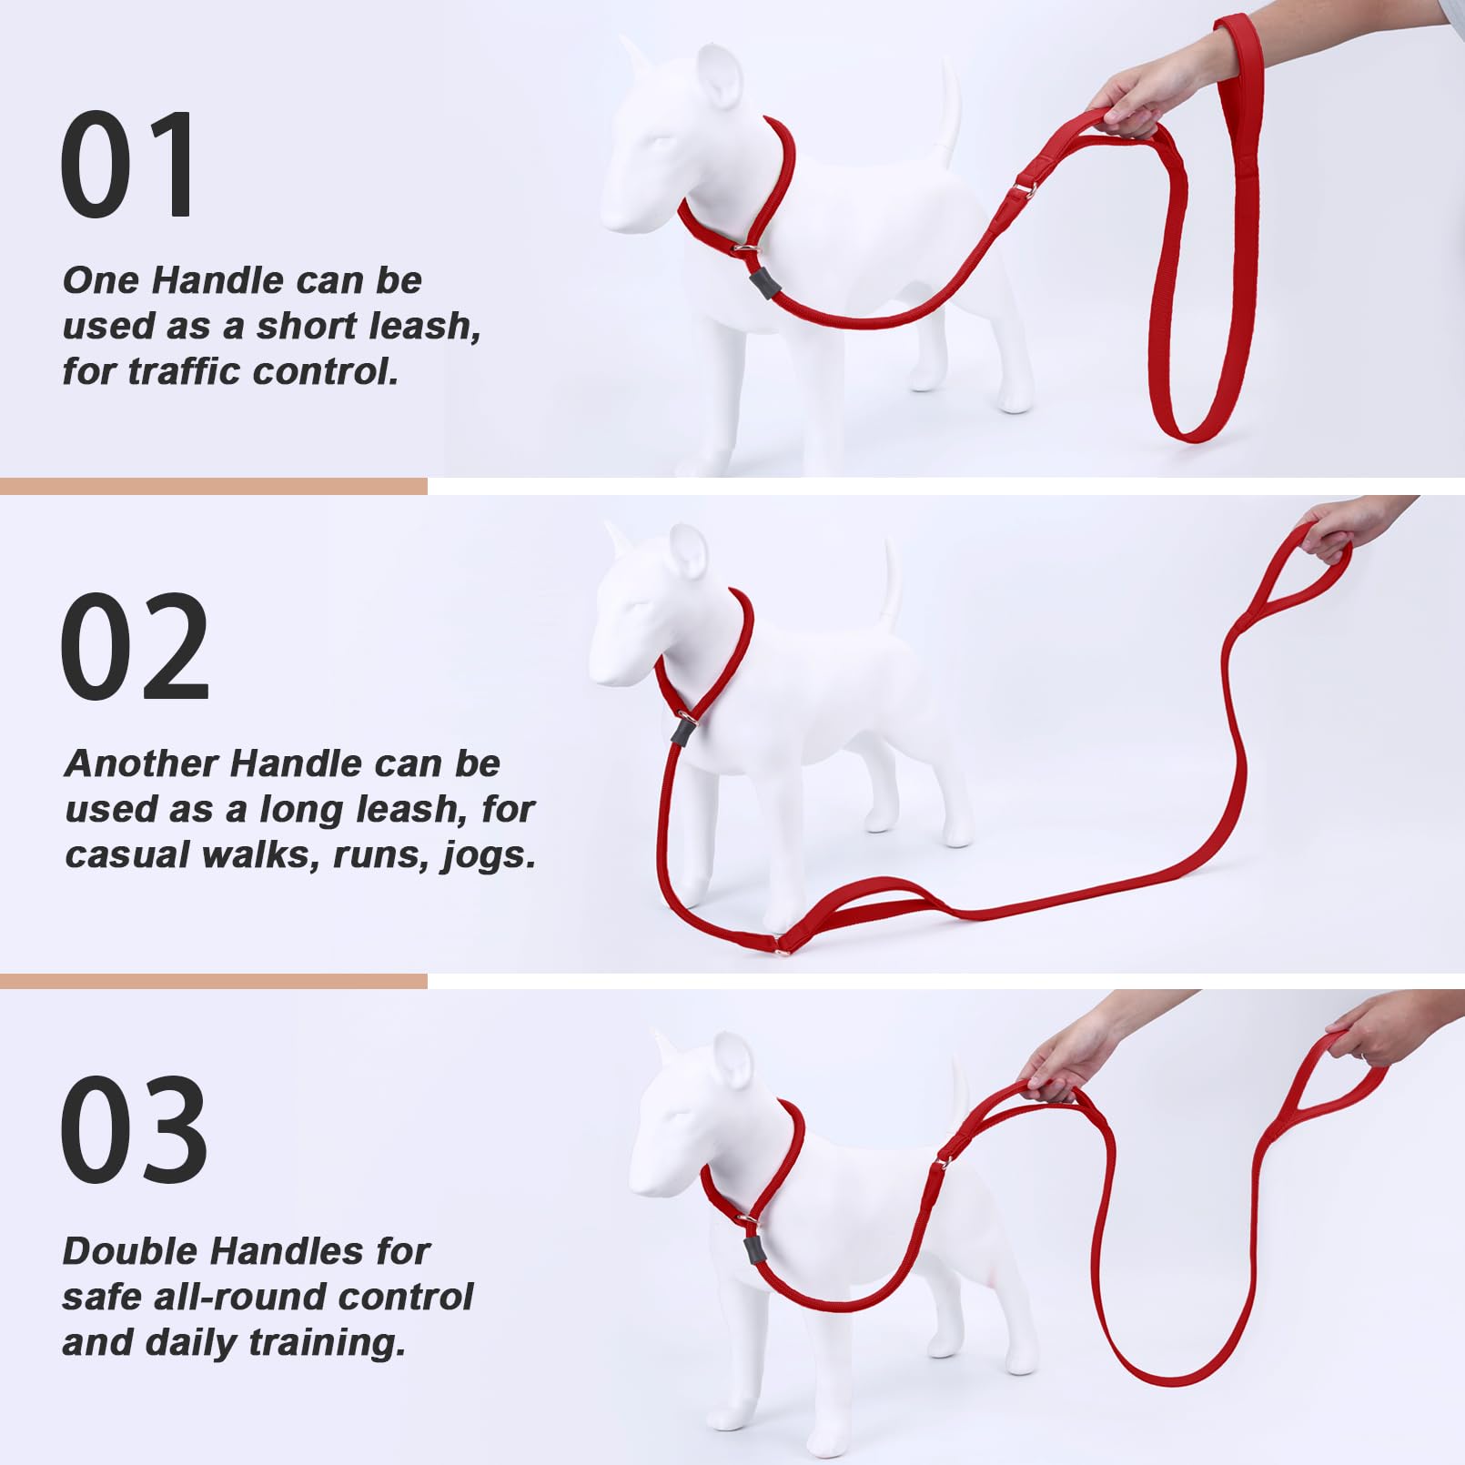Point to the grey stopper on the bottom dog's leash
click(x=753, y=1249)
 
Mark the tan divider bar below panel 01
click(x=213, y=486)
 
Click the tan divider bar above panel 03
click(x=213, y=981)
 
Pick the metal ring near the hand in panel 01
click(x=1023, y=189)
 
